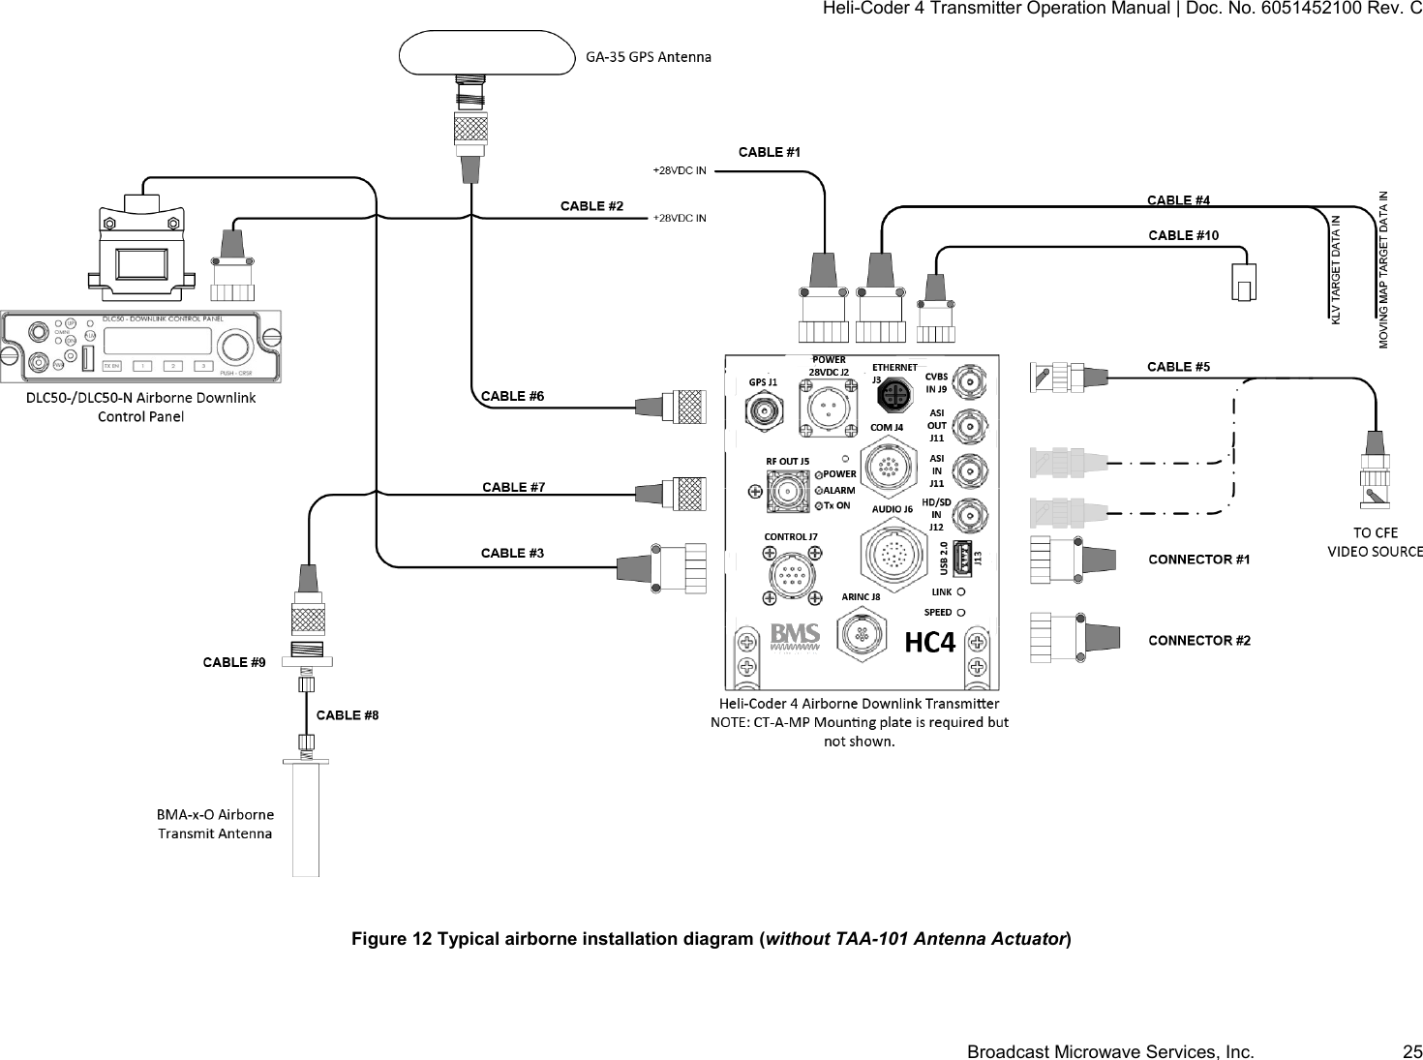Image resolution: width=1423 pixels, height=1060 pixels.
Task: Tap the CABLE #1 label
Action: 770,152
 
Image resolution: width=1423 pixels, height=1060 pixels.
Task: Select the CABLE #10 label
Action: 1183,235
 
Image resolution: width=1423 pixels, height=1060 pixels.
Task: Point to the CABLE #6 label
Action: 512,396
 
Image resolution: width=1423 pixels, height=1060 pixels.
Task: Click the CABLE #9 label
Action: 233,662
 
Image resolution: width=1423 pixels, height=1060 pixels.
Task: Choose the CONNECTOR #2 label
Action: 1198,641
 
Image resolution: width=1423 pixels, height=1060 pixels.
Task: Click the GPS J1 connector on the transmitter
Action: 765,412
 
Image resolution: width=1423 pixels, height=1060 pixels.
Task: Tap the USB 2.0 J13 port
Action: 962,558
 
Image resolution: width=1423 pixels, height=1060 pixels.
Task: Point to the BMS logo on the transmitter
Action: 796,635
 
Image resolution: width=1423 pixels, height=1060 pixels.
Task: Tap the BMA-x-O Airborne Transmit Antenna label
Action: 215,823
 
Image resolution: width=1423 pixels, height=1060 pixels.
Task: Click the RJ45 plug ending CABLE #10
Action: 1244,283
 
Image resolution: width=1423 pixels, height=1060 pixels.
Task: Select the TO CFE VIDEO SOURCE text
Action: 1374,542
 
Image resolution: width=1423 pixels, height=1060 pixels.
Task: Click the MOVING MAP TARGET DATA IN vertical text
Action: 1383,269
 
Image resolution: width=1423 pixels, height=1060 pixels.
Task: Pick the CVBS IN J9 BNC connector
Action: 970,380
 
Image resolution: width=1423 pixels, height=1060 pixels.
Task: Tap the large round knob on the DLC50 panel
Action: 235,346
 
